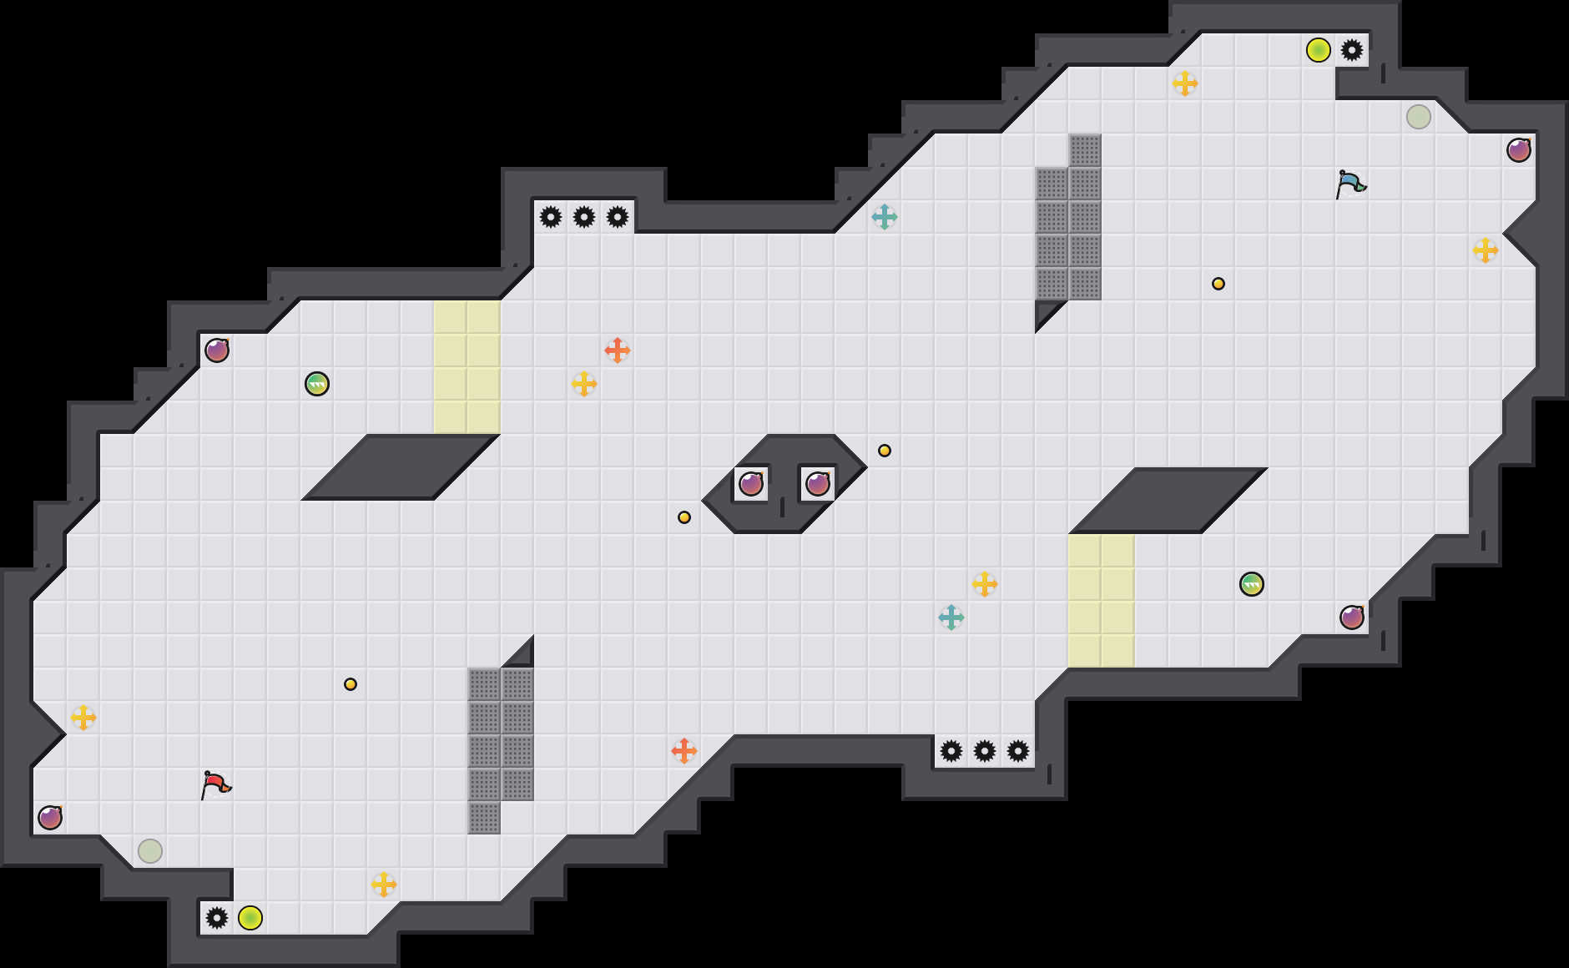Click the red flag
point(215,784)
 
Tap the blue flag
point(1350,184)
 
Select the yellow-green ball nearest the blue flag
point(1319,50)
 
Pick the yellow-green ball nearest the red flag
point(250,918)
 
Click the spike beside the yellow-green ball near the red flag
point(217,918)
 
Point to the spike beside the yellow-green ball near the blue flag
point(1352,50)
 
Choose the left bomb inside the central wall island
point(751,484)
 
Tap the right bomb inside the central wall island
point(818,484)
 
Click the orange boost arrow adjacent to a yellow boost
point(618,350)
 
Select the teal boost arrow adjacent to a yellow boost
point(951,618)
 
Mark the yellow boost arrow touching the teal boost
point(985,584)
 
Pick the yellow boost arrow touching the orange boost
point(584,384)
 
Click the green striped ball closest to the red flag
point(317,384)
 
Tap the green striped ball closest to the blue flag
point(1252,584)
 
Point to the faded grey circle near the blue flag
point(1419,117)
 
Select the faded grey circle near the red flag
point(150,851)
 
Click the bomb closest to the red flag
point(50,818)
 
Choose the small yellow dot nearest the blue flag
point(1218,284)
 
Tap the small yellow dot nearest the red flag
point(351,684)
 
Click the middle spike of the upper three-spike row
point(584,217)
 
